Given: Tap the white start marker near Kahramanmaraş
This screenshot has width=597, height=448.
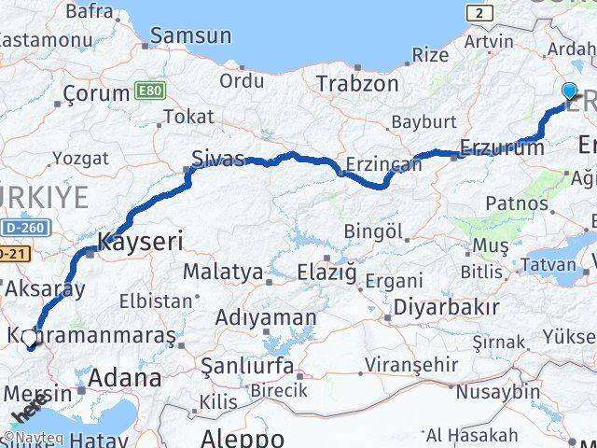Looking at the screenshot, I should [x=30, y=337].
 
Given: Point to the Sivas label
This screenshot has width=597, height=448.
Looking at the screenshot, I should [x=217, y=157].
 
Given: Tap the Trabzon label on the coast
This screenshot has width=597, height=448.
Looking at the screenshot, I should [x=357, y=83].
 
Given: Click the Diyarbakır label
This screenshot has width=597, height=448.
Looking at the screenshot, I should [x=442, y=307].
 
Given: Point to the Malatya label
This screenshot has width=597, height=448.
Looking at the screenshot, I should [x=222, y=273].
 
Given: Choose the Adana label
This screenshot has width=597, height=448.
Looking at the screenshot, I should [x=125, y=378].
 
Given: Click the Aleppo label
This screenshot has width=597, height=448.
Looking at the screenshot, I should [x=242, y=438].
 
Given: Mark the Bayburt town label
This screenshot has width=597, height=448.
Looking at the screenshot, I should [x=423, y=122].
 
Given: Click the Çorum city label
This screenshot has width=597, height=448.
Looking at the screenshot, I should [x=96, y=93].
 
